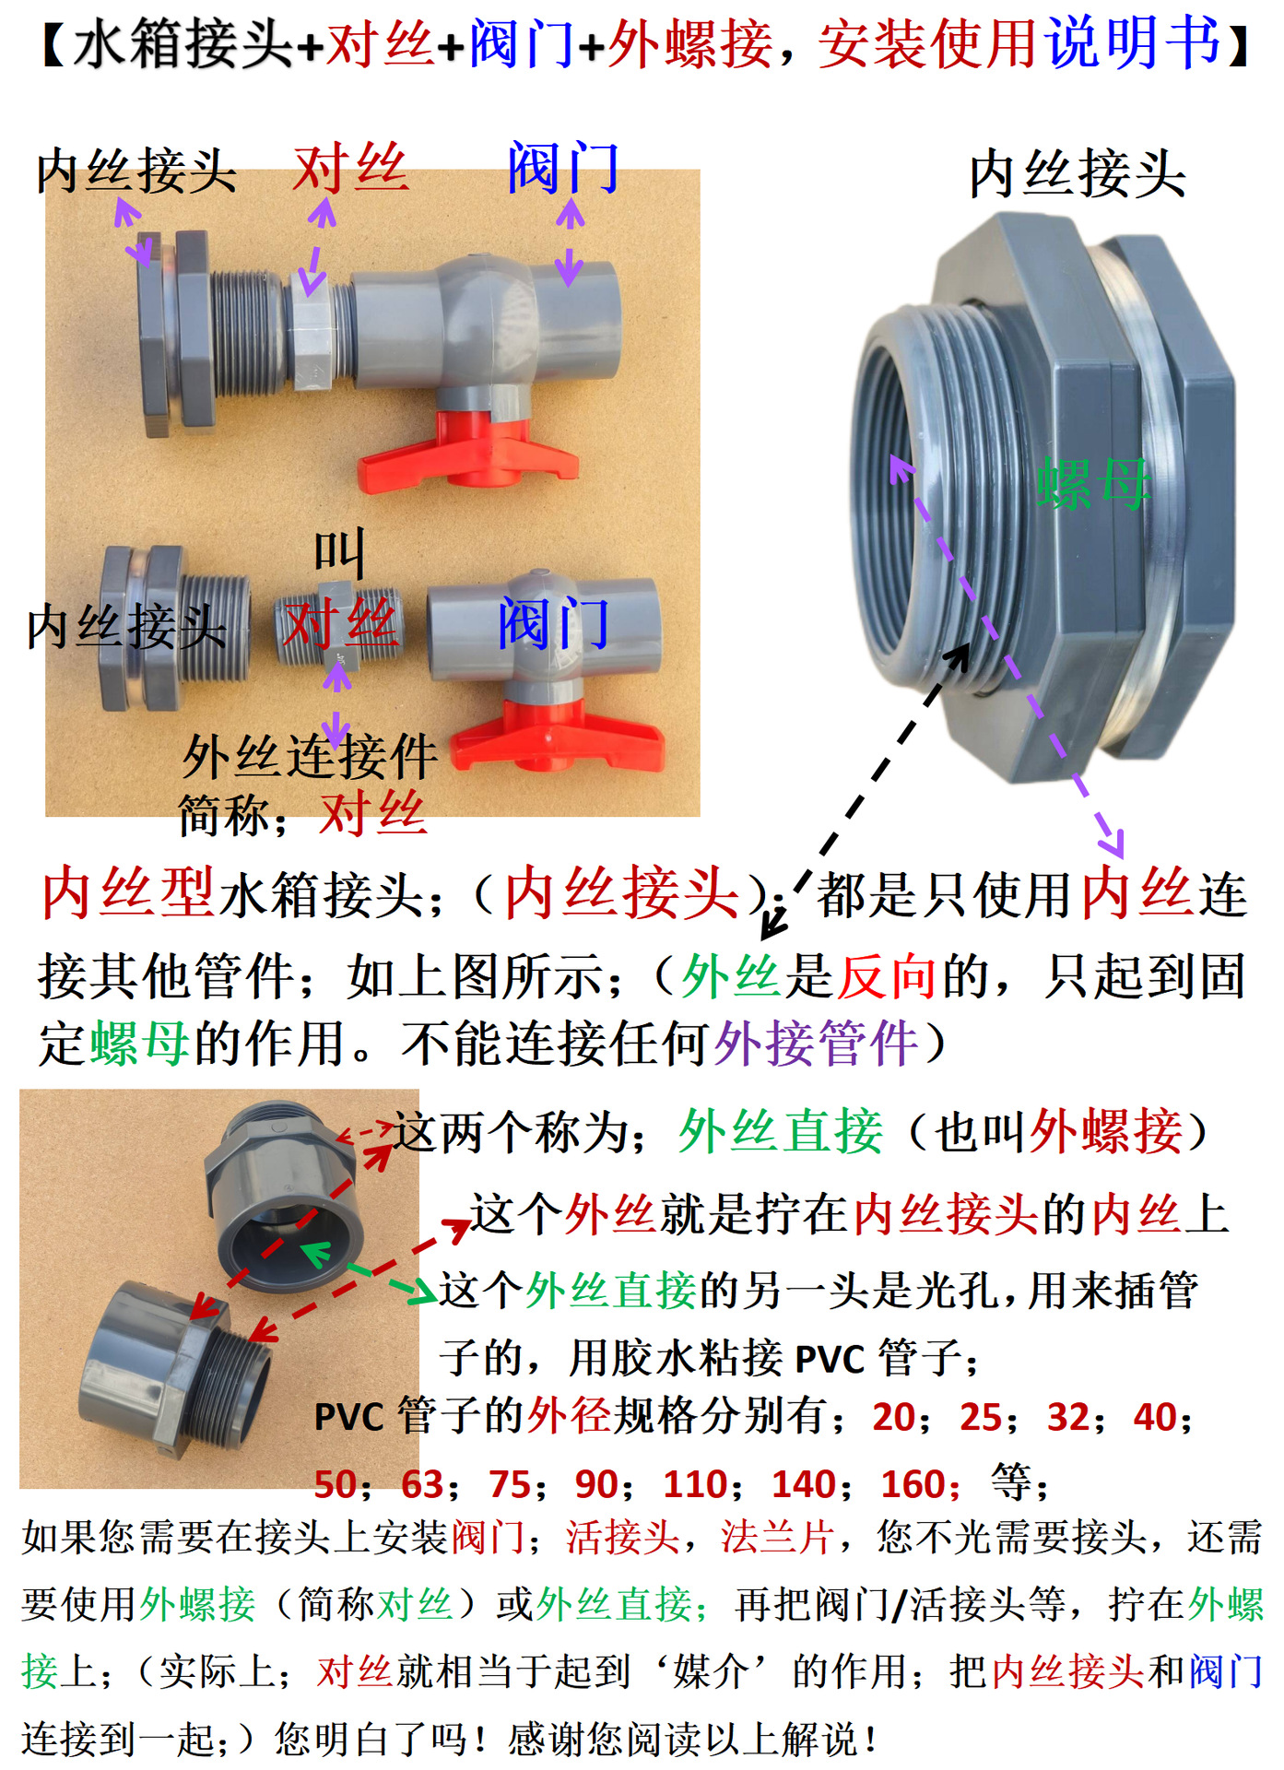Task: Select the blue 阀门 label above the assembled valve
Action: click(562, 169)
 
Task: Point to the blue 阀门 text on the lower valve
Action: click(553, 624)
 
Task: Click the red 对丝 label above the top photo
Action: click(350, 169)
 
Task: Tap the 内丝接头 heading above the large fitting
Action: click(1077, 174)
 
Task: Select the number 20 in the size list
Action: click(894, 1417)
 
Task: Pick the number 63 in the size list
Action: click(423, 1484)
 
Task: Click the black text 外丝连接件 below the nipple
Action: click(310, 758)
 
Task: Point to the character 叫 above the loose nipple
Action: click(339, 551)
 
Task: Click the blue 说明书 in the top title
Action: click(1135, 43)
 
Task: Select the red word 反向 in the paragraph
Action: click(886, 977)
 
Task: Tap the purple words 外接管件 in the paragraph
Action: click(816, 1044)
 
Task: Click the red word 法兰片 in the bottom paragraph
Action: click(777, 1537)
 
